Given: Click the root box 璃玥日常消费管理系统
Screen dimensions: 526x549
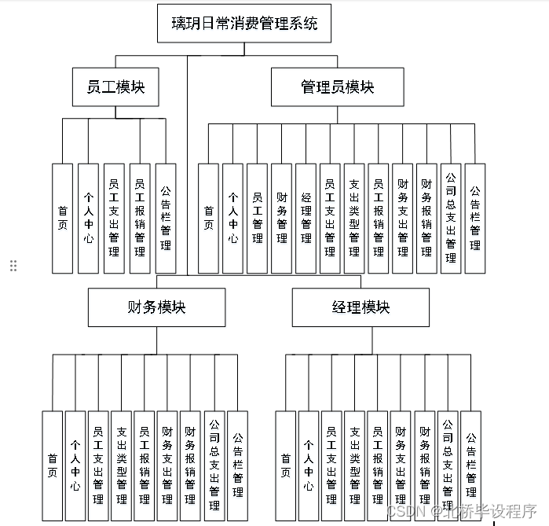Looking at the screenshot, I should pos(244,24).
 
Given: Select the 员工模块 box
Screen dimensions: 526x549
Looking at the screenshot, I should pos(115,86).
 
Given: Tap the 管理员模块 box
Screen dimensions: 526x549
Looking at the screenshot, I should pos(337,86).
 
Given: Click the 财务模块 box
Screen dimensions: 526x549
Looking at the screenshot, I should pos(156,307).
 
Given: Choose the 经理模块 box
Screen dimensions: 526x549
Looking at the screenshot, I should pos(361,307).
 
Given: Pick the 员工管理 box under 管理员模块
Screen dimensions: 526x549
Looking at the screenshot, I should pos(258,218).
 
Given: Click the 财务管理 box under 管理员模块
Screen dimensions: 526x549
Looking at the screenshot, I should pos(282,218).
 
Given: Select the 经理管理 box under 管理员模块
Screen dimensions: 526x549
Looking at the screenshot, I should pos(306,218).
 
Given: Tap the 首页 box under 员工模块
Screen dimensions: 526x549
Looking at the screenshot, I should pos(63,218).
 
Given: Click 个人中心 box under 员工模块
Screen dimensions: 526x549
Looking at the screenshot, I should pos(89,218).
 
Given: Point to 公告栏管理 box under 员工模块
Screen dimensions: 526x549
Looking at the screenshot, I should pos(166,218).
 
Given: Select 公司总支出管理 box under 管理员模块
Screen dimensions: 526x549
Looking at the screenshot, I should pos(451,218).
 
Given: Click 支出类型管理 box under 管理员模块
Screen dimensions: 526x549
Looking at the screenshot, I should pos(354,218).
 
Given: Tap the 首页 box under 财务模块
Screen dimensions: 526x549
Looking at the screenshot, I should pos(52,465).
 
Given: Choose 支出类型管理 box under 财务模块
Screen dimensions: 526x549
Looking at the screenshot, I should pos(122,465).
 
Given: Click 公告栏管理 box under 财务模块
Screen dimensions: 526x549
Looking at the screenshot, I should pos(237,465).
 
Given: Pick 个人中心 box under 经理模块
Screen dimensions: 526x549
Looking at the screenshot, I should pos(309,465).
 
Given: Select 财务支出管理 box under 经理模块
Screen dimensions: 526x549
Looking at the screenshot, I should pos(401,465).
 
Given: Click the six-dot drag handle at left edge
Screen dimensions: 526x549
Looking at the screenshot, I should pos(13,266).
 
